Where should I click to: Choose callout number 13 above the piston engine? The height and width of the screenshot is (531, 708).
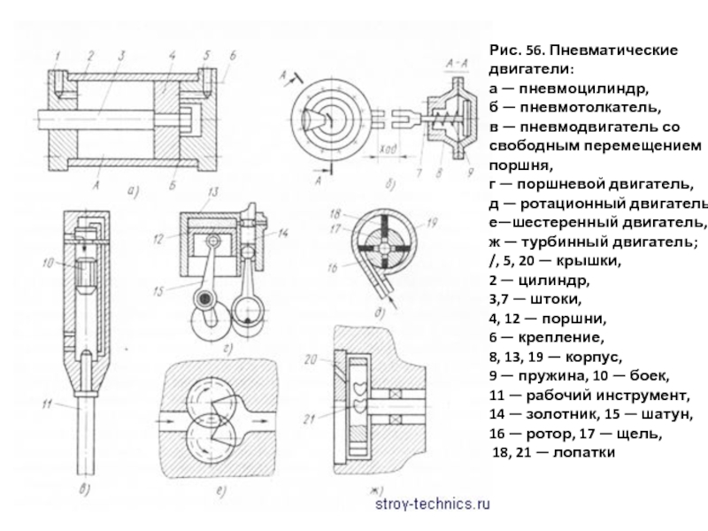coord(212,192)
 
